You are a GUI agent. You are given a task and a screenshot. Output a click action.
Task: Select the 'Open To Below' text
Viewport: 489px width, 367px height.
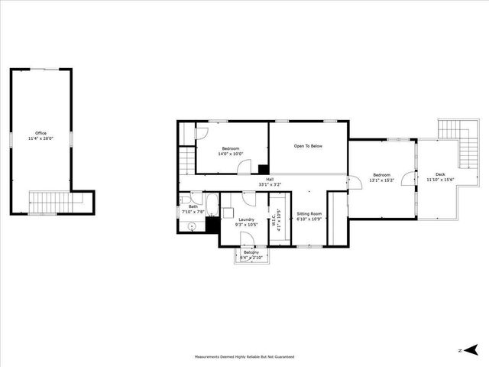point(308,145)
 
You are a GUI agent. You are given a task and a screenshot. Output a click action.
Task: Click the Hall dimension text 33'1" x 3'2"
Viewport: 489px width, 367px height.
point(270,184)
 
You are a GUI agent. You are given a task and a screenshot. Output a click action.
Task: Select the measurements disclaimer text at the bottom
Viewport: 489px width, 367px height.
point(244,356)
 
